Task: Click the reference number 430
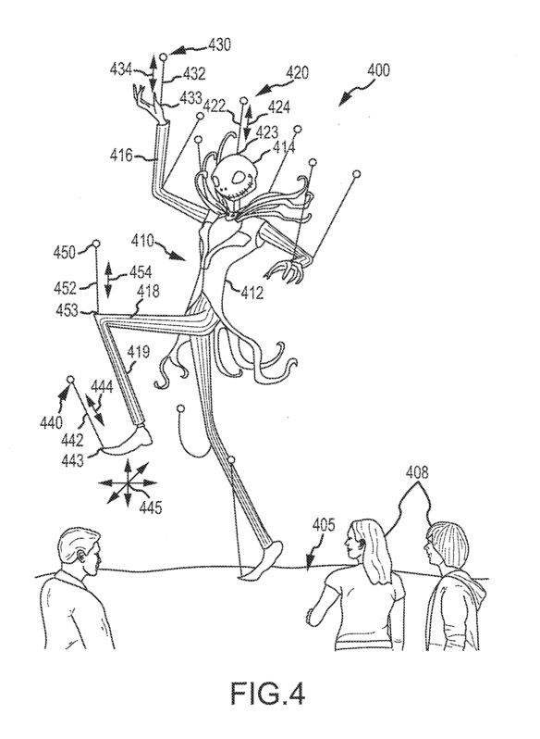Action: (x=219, y=44)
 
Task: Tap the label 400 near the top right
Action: (x=379, y=71)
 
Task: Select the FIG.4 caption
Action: (x=267, y=694)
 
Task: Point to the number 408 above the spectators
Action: (x=417, y=472)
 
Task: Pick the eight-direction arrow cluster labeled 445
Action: (x=127, y=482)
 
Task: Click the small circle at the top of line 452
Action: (x=96, y=244)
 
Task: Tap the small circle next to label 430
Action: (x=164, y=57)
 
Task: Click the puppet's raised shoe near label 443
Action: (x=127, y=441)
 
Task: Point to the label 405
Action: (x=323, y=525)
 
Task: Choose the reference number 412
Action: (x=252, y=294)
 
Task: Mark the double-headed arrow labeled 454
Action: (x=108, y=280)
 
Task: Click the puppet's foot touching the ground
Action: (x=264, y=561)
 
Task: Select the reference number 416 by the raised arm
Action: (x=122, y=155)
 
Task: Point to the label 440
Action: (x=51, y=423)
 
